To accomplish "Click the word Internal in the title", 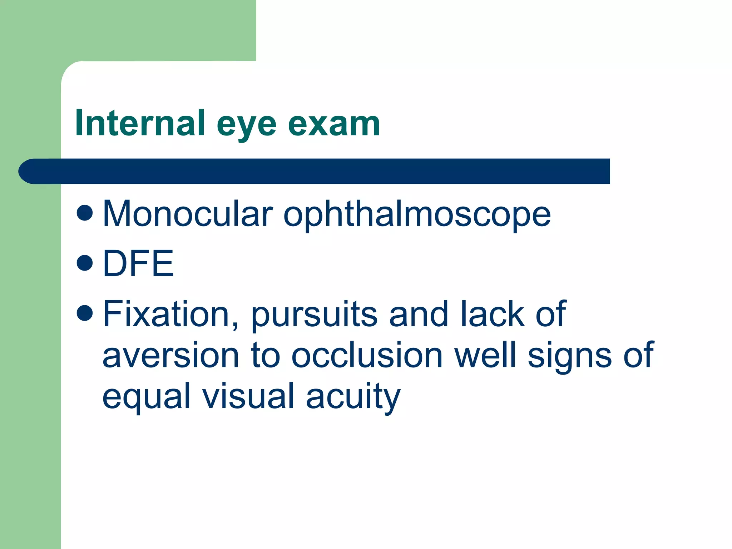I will tap(140, 123).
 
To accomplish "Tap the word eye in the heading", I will tap(247, 125).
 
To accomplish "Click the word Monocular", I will tap(188, 214).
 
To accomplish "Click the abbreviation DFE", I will tap(138, 263).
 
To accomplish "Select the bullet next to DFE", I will tap(85, 263).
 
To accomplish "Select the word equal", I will tap(146, 397).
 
